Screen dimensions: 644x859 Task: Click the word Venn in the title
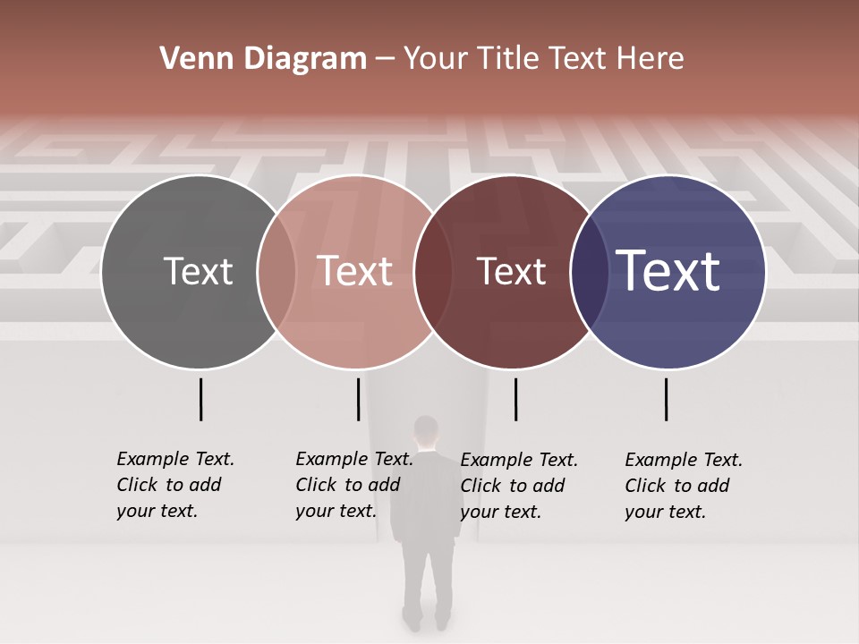click(x=189, y=59)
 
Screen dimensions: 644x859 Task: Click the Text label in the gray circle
click(x=198, y=271)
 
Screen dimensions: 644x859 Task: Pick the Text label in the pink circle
click(x=355, y=271)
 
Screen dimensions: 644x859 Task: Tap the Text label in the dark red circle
click(x=512, y=271)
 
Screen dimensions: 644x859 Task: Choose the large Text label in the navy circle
click(x=668, y=271)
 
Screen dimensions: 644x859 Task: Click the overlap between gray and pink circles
click(x=276, y=271)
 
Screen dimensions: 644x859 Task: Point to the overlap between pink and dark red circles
click(x=433, y=271)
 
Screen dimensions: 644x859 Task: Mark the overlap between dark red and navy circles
click(x=589, y=271)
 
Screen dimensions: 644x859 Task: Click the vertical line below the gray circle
click(x=200, y=399)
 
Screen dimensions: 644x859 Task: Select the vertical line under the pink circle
click(x=358, y=399)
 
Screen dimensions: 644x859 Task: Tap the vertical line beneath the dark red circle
click(x=515, y=399)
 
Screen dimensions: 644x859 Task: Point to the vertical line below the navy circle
click(x=667, y=399)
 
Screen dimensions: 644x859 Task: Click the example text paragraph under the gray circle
click(x=174, y=485)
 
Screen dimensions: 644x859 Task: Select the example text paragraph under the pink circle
click(x=353, y=485)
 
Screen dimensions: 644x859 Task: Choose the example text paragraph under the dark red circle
click(x=518, y=486)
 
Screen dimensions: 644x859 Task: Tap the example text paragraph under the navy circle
click(x=683, y=486)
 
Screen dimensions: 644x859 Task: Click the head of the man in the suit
click(x=427, y=431)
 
